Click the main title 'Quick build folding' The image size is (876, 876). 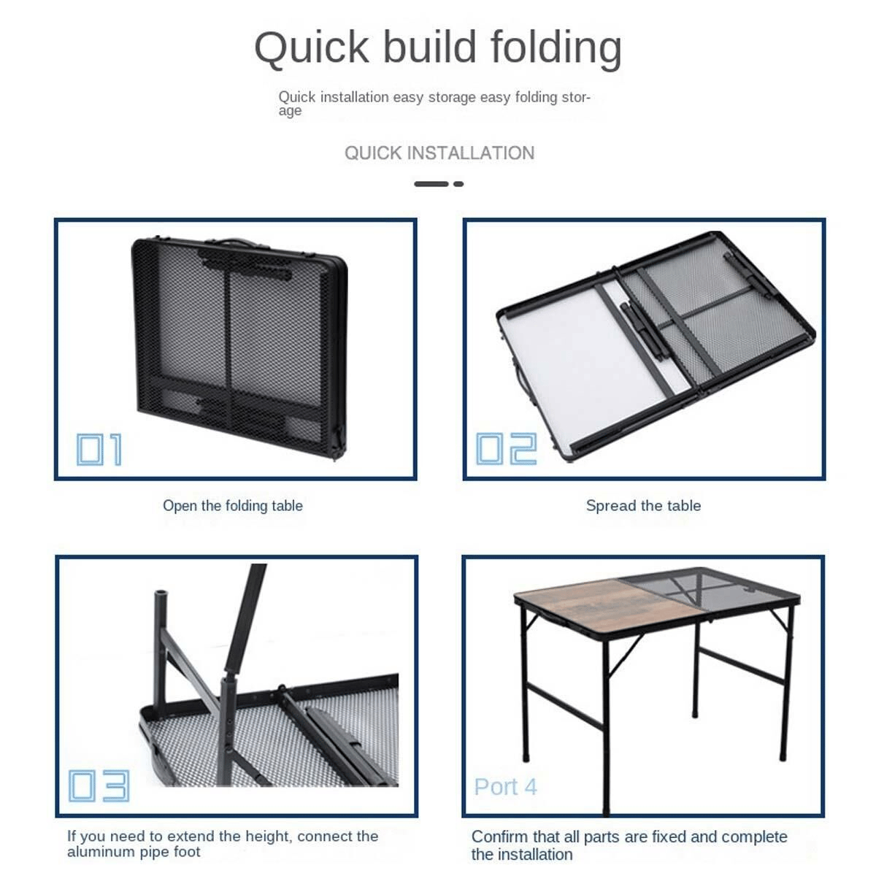[x=438, y=48]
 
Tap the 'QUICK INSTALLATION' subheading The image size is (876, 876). [x=439, y=153]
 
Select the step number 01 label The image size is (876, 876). [x=99, y=449]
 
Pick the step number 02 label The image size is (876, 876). [x=507, y=448]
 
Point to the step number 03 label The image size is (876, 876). [x=99, y=785]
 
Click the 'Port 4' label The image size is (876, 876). [x=505, y=787]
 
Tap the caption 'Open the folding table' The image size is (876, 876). [x=233, y=506]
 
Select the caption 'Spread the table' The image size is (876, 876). [x=643, y=505]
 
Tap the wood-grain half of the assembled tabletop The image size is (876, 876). [x=609, y=608]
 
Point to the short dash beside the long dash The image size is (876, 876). [x=458, y=184]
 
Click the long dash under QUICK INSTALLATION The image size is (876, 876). [x=431, y=184]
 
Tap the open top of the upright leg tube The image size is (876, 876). [x=161, y=593]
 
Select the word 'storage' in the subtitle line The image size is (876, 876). [x=452, y=98]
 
